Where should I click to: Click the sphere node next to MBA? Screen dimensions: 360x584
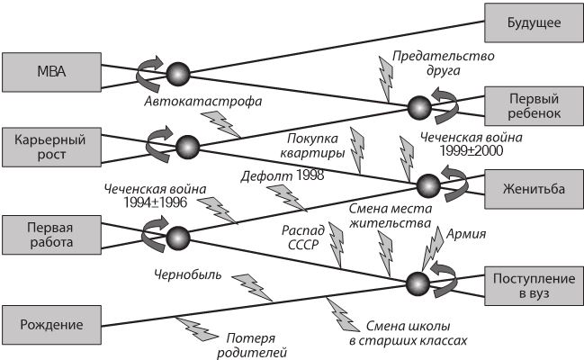(x=178, y=72)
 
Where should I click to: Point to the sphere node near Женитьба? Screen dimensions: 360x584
(x=427, y=184)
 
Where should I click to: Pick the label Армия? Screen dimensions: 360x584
(x=465, y=235)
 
